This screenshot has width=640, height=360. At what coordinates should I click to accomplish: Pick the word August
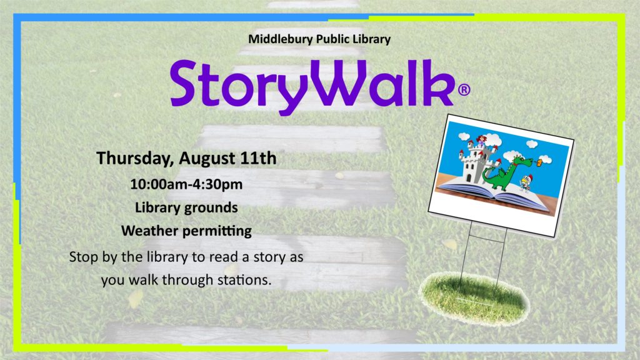(207, 159)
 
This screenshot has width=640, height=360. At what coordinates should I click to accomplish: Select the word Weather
(149, 231)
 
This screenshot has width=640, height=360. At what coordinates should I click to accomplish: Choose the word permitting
(217, 231)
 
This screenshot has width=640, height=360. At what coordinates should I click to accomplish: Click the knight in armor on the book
(525, 183)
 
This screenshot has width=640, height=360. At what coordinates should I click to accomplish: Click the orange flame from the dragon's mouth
(539, 163)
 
